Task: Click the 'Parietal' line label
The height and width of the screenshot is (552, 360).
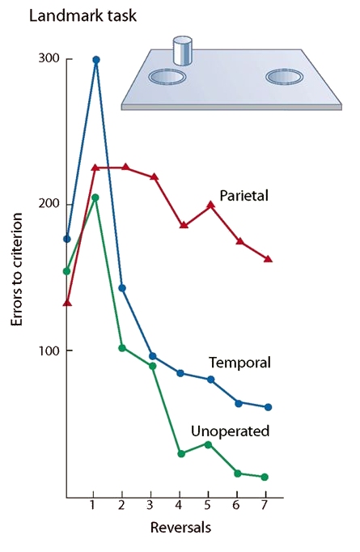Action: tap(244, 196)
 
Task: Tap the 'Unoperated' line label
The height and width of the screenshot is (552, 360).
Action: tap(230, 431)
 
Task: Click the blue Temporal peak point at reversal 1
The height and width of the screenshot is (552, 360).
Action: tap(96, 60)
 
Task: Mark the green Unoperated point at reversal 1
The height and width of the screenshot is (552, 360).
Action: tap(95, 197)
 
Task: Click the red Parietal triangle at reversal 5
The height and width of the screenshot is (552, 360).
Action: tap(210, 206)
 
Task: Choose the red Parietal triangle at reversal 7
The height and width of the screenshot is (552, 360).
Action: tap(268, 259)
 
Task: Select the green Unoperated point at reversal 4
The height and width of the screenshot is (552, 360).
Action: tap(181, 454)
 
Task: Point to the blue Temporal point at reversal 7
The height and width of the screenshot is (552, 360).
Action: tap(268, 407)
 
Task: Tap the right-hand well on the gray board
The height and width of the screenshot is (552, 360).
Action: tap(285, 78)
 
